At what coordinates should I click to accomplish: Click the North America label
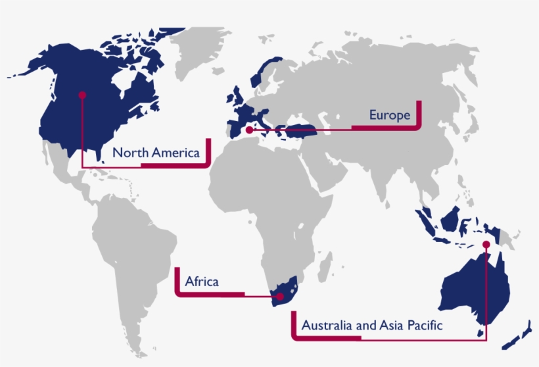pos(155,153)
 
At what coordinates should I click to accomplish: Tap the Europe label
pos(389,115)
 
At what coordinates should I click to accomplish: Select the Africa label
pos(202,282)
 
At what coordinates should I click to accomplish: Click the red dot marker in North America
pos(82,95)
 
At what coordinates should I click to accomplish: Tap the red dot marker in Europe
pos(248,131)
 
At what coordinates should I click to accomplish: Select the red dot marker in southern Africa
pos(279,297)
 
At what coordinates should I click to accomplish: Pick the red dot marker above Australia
pos(486,244)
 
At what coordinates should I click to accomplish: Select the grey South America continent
pos(131,243)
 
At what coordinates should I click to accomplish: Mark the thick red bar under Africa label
pos(210,293)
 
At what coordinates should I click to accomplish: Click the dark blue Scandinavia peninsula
pos(266,72)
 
